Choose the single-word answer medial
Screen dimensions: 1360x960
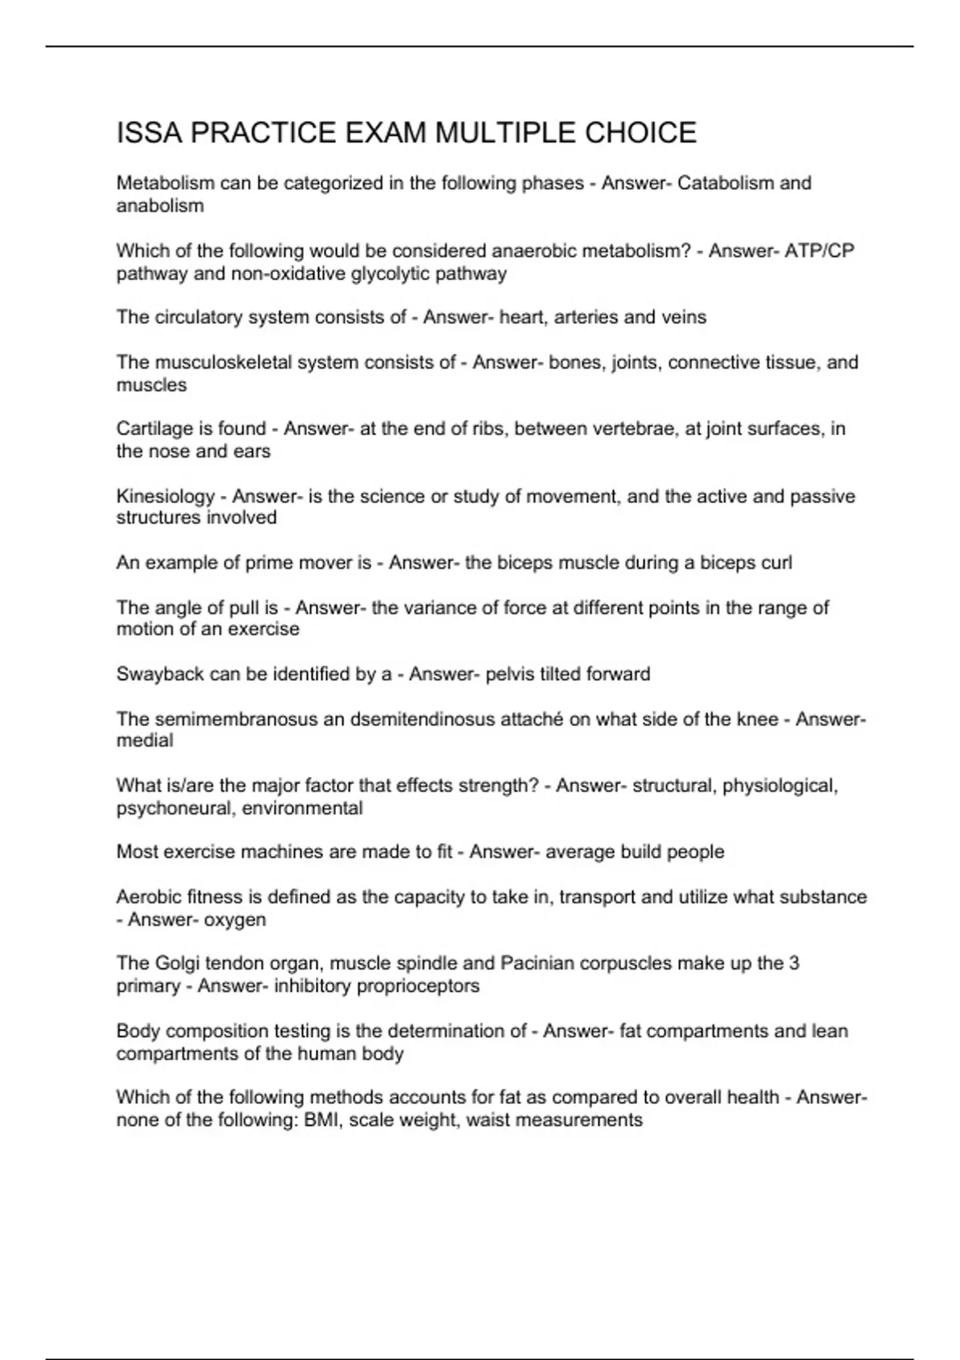click(145, 741)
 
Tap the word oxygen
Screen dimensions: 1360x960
click(234, 920)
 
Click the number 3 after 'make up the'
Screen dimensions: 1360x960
click(794, 963)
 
